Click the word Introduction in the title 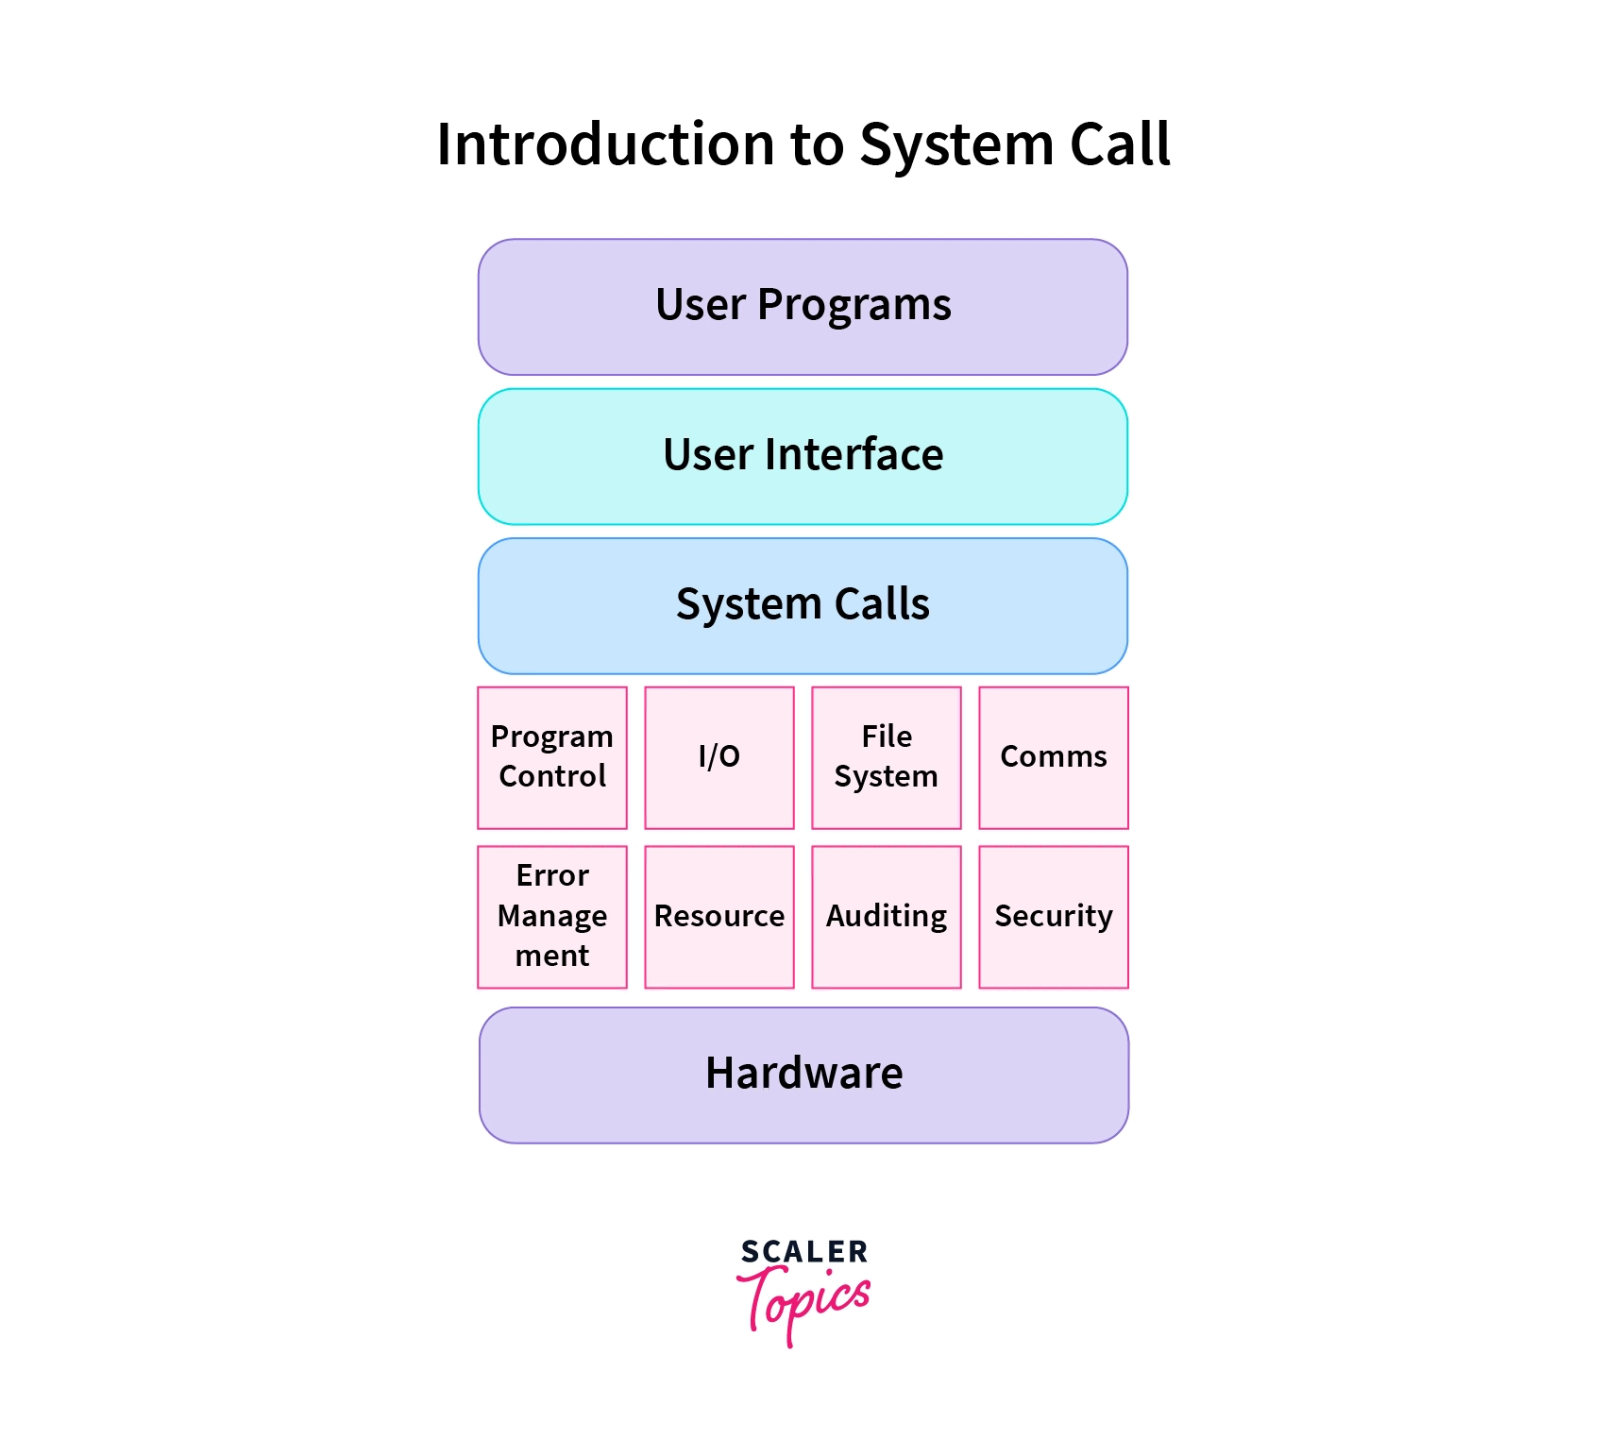[x=605, y=144]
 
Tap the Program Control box [x=552, y=757]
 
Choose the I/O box [x=719, y=757]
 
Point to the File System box [x=887, y=757]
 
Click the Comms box [x=1054, y=757]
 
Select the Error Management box [x=552, y=917]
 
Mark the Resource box [x=719, y=917]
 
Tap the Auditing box [x=887, y=917]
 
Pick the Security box [x=1054, y=917]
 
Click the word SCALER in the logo [x=803, y=1252]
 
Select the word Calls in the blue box [x=881, y=604]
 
